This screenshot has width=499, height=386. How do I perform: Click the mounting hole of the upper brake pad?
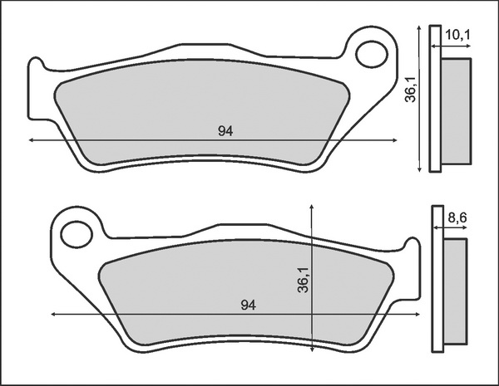[372, 54]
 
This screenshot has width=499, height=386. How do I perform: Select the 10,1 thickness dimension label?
[457, 35]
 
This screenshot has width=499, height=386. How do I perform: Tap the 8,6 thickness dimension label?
[457, 217]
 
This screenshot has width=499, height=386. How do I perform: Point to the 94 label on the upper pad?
[225, 131]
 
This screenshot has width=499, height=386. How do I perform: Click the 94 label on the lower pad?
[248, 305]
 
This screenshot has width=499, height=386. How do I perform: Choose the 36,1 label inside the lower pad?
[303, 280]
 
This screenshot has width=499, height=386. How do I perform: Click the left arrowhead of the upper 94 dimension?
[31, 139]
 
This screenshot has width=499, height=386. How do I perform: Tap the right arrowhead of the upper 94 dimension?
[394, 139]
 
